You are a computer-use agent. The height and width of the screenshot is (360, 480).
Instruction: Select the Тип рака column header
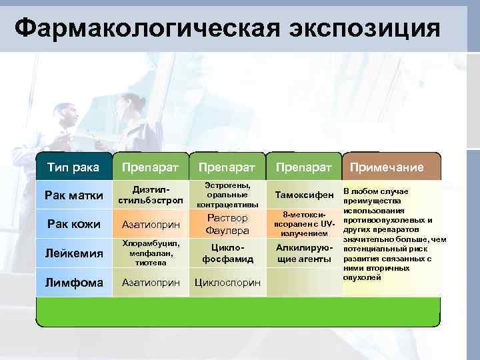pos(73,166)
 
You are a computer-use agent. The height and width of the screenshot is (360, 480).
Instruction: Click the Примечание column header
pos(387,167)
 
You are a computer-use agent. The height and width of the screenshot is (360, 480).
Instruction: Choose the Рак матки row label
pos(73,195)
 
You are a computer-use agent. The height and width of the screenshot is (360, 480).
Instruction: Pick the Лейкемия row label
pos(73,253)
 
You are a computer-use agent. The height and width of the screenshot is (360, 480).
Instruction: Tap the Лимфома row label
pos(73,283)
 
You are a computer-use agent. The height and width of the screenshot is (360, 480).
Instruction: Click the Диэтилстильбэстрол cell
pos(150,195)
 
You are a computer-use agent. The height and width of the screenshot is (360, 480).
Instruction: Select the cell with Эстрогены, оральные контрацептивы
pos(227,195)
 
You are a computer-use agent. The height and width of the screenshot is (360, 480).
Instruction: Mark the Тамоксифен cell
pos(303,195)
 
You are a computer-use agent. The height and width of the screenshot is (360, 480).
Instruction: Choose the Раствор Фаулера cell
pos(227,224)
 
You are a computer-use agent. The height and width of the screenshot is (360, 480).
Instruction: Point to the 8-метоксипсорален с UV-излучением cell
pos(303,225)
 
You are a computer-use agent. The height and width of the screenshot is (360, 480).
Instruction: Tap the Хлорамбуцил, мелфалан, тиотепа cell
pos(150,253)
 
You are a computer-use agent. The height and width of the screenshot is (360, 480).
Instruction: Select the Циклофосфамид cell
pos(227,253)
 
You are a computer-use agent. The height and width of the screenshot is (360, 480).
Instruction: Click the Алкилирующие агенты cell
pos(303,253)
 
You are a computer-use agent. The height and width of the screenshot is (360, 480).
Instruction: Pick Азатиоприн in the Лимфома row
pos(150,283)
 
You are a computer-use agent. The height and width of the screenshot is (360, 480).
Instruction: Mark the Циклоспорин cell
pos(227,283)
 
